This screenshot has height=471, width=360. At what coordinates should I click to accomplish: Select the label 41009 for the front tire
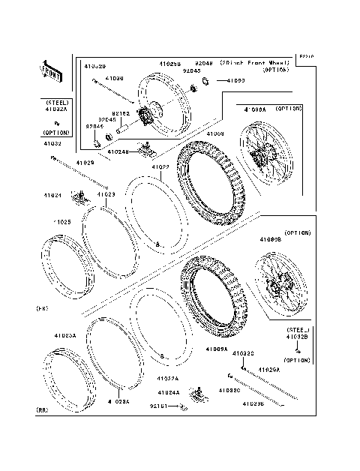215,133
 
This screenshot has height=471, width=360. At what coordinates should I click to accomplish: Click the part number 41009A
216,349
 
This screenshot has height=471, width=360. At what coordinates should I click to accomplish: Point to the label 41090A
255,109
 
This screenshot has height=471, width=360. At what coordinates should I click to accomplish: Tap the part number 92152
121,113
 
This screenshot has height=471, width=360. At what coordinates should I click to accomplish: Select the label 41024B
118,151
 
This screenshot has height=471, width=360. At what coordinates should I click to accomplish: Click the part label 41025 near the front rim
61,222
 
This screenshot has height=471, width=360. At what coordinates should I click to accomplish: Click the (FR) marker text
42,308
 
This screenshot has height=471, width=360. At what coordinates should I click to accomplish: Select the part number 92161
159,406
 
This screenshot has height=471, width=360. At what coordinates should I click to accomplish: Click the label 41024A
168,392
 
